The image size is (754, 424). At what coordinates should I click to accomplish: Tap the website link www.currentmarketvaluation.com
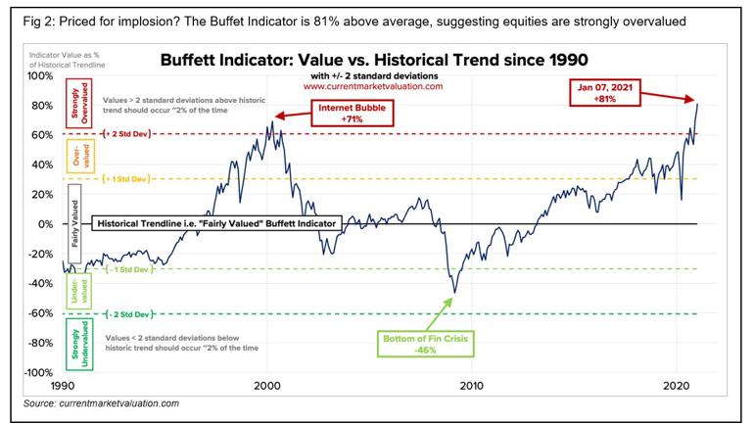(375, 86)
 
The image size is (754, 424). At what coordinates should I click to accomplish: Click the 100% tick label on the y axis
(40, 75)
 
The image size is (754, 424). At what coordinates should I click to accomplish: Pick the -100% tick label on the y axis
(38, 373)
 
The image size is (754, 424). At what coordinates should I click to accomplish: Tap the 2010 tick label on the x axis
(472, 386)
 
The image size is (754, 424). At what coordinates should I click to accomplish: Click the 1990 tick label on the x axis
(63, 386)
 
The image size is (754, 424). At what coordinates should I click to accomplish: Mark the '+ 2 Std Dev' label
(127, 134)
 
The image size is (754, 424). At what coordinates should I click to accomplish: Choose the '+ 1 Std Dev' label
(127, 179)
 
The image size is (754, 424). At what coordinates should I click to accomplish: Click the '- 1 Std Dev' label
(127, 269)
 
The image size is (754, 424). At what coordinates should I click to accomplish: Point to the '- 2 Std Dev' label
(127, 314)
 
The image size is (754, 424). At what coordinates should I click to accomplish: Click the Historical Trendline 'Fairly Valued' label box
(215, 224)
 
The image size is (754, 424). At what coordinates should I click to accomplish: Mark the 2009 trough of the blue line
(454, 292)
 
